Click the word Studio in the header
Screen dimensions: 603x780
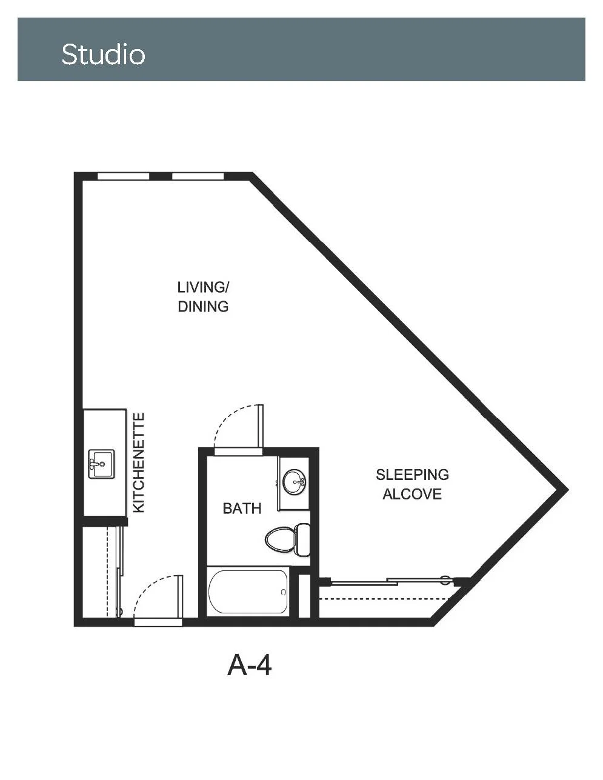pyautogui.click(x=104, y=55)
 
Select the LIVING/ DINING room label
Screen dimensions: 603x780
pyautogui.click(x=204, y=297)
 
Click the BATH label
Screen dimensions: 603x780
pyautogui.click(x=242, y=508)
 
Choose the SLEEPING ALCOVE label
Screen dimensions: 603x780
pyautogui.click(x=413, y=484)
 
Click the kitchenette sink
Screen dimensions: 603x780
pyautogui.click(x=101, y=464)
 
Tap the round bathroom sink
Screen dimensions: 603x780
pyautogui.click(x=295, y=481)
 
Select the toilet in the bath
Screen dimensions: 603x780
pyautogui.click(x=288, y=539)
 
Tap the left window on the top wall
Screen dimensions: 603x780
pyautogui.click(x=124, y=176)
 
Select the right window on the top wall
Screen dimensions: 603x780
pyautogui.click(x=198, y=176)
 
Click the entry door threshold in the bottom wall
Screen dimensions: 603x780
pyautogui.click(x=159, y=622)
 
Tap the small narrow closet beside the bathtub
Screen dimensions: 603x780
pyautogui.click(x=304, y=596)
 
